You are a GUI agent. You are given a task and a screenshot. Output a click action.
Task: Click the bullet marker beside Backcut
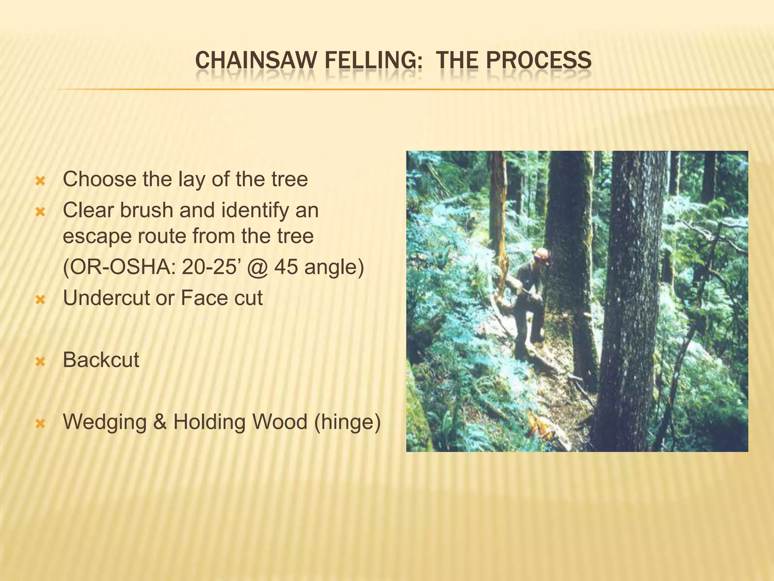click(x=40, y=362)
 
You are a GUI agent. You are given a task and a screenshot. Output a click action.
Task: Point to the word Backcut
click(x=101, y=360)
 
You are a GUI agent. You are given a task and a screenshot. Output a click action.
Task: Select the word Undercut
click(x=106, y=298)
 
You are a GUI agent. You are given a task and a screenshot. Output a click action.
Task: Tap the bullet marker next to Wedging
click(x=40, y=424)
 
